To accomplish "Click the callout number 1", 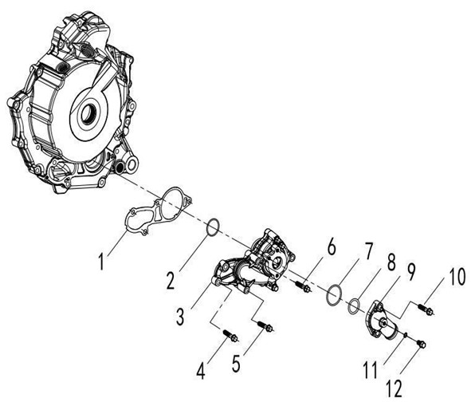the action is (102, 262).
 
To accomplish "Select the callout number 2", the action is (171, 279).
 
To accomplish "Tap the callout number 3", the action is (180, 316).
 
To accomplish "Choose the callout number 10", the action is (457, 277).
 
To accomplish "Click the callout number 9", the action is (410, 271).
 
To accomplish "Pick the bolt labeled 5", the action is (265, 326).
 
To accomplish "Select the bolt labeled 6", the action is (303, 286).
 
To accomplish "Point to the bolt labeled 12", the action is (421, 344).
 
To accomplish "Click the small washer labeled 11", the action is (405, 334).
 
